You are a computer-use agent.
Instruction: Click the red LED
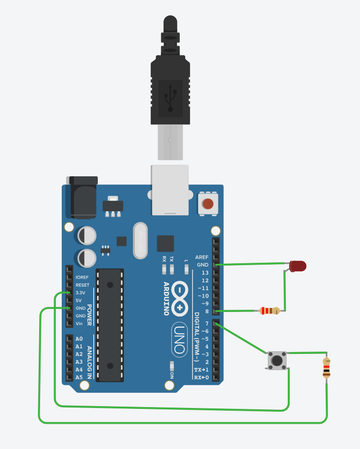click(x=298, y=266)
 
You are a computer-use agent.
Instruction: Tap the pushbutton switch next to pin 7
click(x=277, y=360)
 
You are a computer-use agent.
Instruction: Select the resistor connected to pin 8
click(x=269, y=311)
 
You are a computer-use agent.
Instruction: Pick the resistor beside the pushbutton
click(x=326, y=367)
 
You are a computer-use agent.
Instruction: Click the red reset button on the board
click(x=208, y=204)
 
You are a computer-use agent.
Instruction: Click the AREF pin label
click(x=202, y=257)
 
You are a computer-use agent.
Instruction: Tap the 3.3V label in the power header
click(x=82, y=293)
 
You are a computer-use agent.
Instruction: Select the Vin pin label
click(x=80, y=323)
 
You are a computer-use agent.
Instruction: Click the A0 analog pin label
click(x=79, y=339)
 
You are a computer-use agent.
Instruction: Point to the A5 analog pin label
click(x=79, y=377)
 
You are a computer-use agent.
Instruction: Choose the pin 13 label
click(x=205, y=273)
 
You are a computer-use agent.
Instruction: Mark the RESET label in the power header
click(x=82, y=285)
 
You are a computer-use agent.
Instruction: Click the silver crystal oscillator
click(x=141, y=241)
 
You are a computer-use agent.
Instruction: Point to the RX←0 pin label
click(x=201, y=377)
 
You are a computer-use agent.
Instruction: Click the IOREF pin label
click(x=82, y=277)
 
